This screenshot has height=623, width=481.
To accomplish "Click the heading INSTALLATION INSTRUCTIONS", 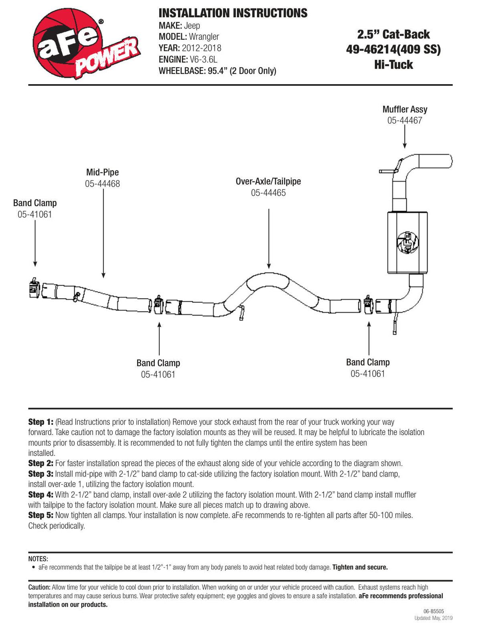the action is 233,13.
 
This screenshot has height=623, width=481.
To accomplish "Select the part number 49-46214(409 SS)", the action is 393,50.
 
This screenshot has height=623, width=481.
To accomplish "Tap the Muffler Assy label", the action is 404,109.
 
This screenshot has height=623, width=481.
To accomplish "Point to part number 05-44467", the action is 404,120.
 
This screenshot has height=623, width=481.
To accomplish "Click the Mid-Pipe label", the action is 102,172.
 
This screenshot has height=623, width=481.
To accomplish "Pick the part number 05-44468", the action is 102,184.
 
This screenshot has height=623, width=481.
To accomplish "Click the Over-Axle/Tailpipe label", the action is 268,181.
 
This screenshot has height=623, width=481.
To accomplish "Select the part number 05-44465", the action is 268,193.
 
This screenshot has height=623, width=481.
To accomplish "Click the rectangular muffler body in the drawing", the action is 407,243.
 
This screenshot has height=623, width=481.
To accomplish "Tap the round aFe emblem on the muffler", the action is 407,243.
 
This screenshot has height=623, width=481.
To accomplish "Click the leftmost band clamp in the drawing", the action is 34,288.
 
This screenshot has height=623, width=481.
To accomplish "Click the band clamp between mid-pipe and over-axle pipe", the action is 159,305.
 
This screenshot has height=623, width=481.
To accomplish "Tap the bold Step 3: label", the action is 40,474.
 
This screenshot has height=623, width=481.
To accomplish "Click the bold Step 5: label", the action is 40,515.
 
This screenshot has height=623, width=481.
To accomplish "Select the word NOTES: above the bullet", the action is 38,559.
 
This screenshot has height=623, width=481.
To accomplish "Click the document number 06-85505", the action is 433,611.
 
